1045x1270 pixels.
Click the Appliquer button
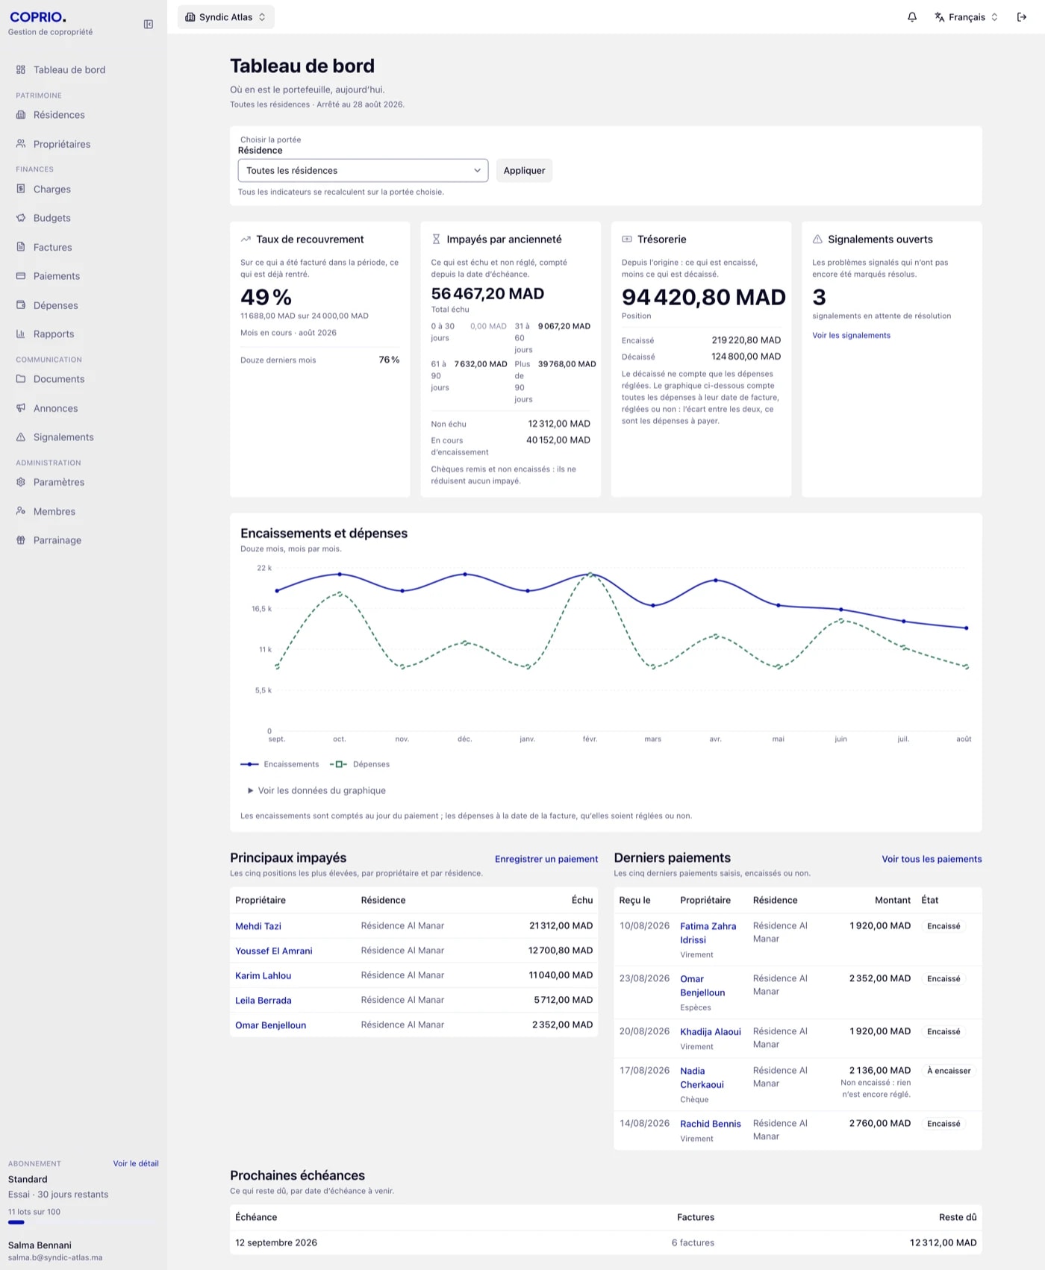[524, 170]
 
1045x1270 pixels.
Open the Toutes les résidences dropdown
[363, 170]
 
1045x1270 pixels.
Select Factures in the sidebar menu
[52, 247]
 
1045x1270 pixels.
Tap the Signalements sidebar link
[63, 437]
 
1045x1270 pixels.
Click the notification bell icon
[912, 17]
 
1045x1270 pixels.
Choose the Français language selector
[966, 17]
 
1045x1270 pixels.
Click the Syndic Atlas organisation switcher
[225, 17]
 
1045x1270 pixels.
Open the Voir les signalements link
[851, 335]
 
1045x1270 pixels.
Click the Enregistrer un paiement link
[546, 859]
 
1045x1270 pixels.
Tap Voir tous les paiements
[932, 859]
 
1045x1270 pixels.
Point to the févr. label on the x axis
[590, 739]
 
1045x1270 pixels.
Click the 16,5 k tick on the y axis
[261, 609]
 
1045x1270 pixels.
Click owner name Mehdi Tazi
[258, 926]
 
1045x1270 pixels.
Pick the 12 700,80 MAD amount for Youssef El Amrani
[561, 951]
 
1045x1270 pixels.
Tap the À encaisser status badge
[949, 1071]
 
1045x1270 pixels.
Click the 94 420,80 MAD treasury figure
[703, 297]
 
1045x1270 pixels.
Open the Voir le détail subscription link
[136, 1163]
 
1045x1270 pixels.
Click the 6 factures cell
[693, 1242]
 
